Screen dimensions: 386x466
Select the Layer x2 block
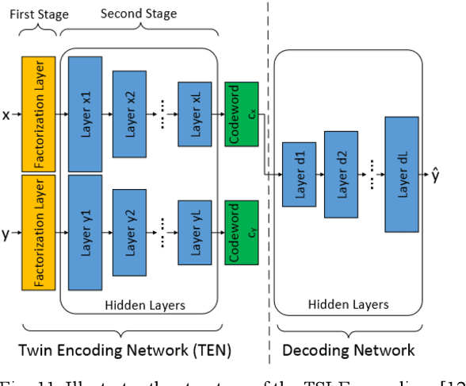pyautogui.click(x=130, y=115)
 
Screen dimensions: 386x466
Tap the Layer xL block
pyautogui.click(x=194, y=115)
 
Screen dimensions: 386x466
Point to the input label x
pyautogui.click(x=6, y=115)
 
